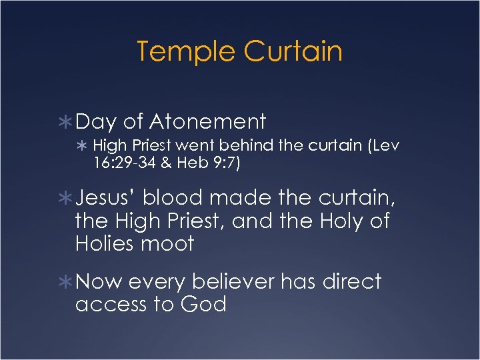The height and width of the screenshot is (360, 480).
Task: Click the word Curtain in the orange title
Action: coord(293,52)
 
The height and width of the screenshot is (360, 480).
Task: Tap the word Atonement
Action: coord(208,121)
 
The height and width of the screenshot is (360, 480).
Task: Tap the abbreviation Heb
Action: coord(193,164)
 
